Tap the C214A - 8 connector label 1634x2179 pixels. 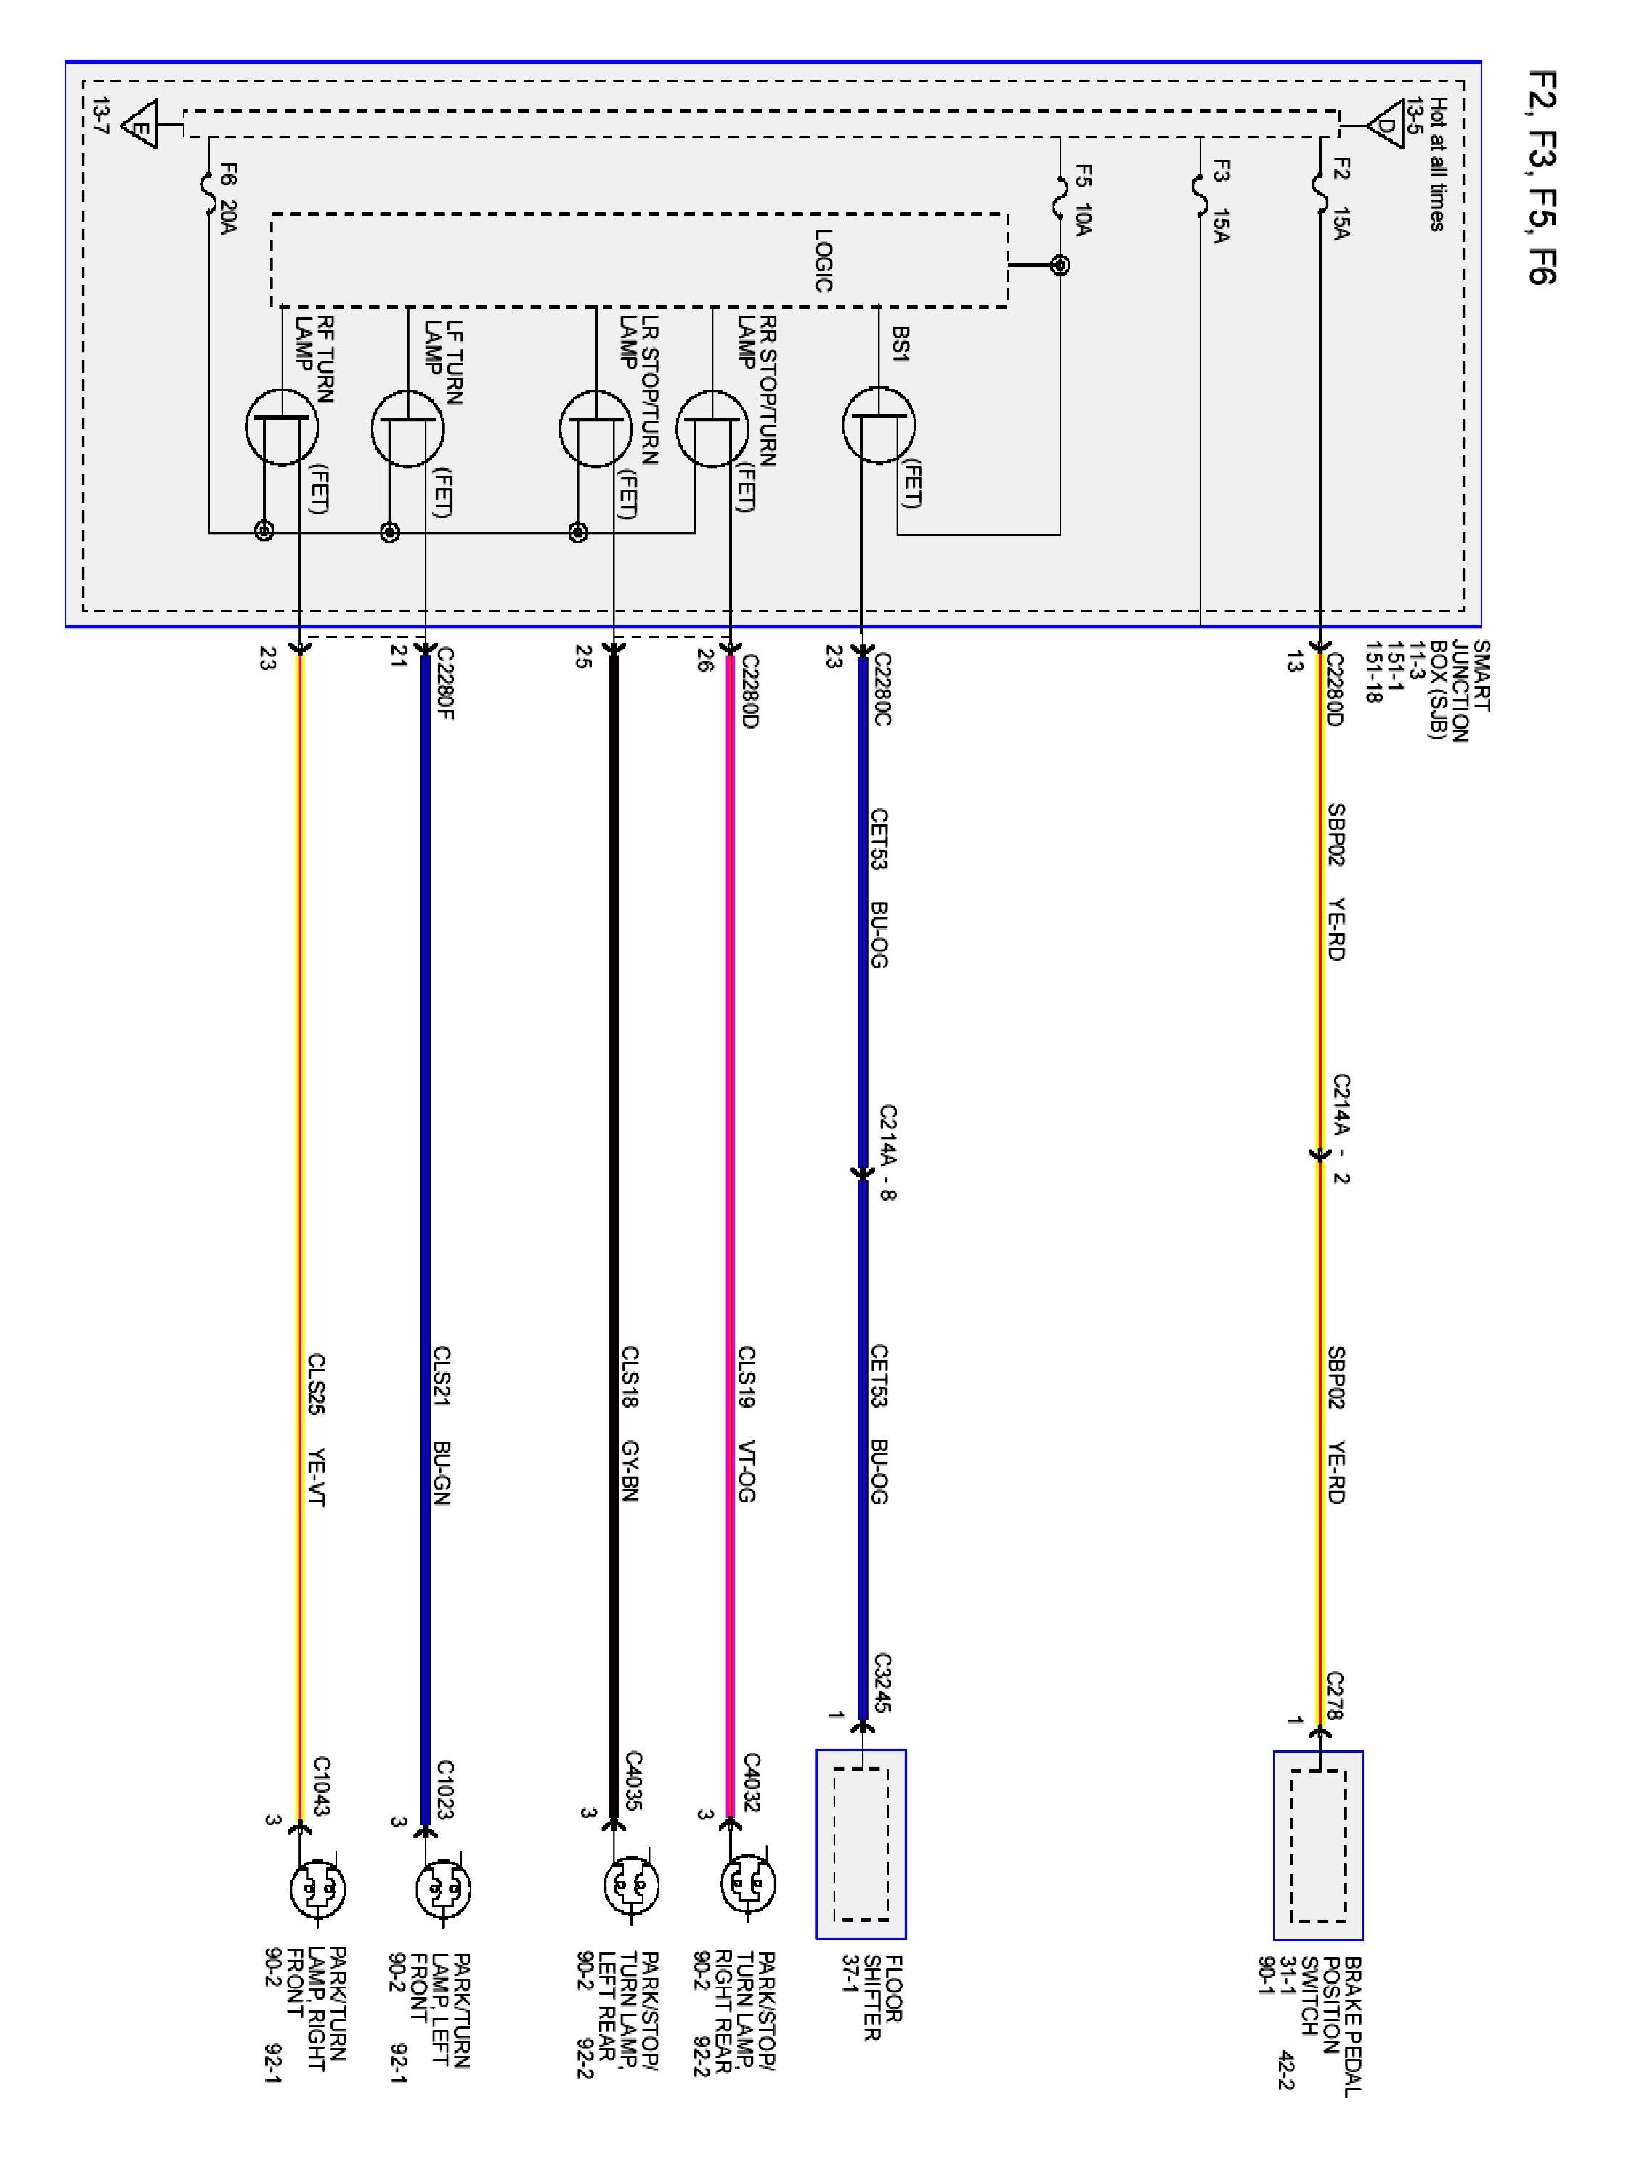tap(887, 1153)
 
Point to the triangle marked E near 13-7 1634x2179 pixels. tap(140, 125)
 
